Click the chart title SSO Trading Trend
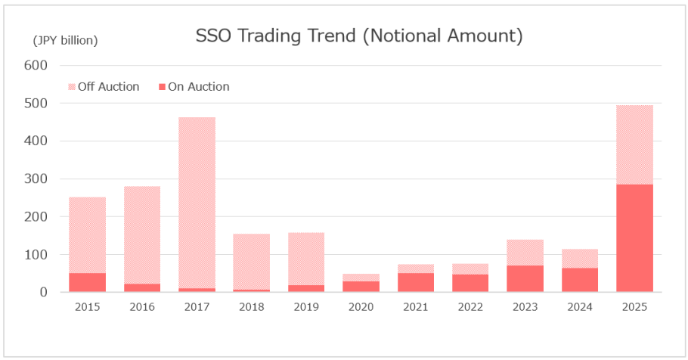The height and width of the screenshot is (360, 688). coord(359,36)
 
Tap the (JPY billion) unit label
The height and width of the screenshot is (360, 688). coord(65,39)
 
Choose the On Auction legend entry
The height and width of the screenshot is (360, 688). coord(193,86)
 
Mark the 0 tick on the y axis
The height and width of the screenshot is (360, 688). coord(43,292)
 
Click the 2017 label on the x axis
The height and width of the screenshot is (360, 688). coord(197,306)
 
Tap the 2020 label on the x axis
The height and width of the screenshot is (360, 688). coord(361,306)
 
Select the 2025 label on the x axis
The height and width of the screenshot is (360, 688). coord(634,306)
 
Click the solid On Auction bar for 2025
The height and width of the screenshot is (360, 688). coord(634,238)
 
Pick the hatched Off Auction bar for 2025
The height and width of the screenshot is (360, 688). coord(634,144)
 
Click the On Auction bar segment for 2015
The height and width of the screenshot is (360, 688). coord(87,282)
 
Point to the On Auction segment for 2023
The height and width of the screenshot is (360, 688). coord(525,278)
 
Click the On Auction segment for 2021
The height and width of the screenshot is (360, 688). coord(416,282)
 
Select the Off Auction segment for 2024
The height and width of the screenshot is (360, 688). coord(580,258)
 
